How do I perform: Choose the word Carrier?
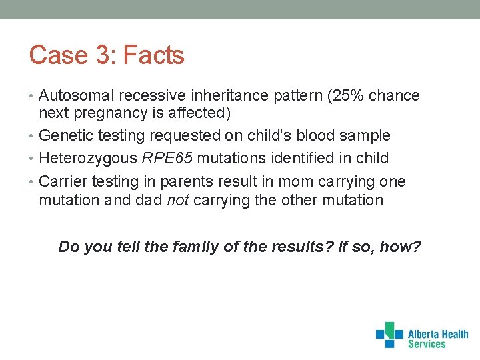(x=63, y=182)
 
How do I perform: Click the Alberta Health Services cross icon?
(x=389, y=335)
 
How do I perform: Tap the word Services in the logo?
(x=427, y=344)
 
